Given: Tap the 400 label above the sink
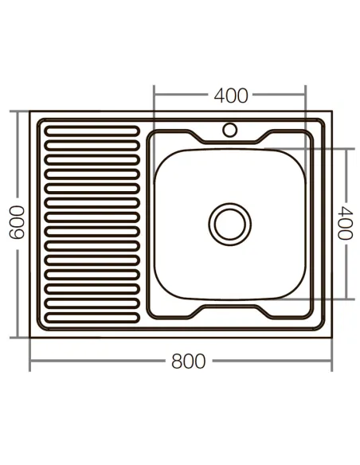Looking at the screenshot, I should pyautogui.click(x=231, y=96).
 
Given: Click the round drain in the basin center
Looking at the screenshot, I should pyautogui.click(x=230, y=223).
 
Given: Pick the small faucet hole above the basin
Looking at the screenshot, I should pyautogui.click(x=230, y=128).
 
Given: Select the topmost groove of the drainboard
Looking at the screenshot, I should pyautogui.click(x=92, y=129).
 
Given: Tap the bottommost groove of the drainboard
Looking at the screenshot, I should pyautogui.click(x=92, y=318).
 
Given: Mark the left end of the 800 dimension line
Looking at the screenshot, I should pyautogui.click(x=30, y=361).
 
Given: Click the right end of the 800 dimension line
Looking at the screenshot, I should pyautogui.click(x=331, y=361).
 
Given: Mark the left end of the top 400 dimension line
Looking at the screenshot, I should pyautogui.click(x=154, y=96).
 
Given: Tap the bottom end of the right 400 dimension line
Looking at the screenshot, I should pyautogui.click(x=346, y=299).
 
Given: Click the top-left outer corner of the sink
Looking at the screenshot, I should pyautogui.click(x=31, y=112).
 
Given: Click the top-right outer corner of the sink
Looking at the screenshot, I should pyautogui.click(x=331, y=112).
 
